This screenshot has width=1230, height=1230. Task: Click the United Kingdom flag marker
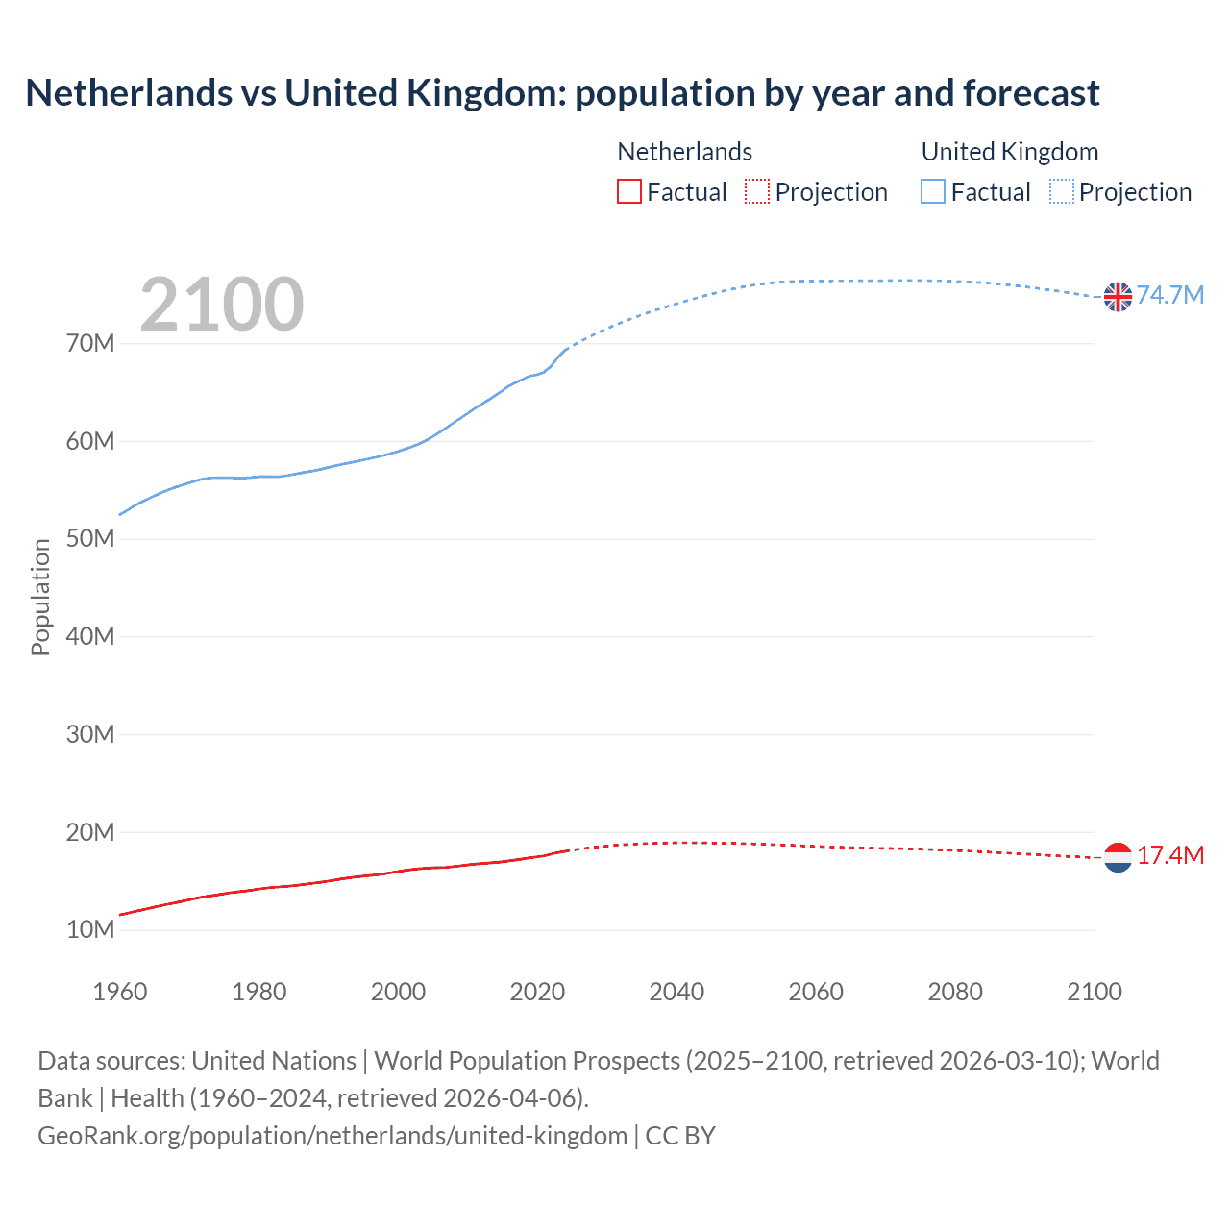(x=1118, y=297)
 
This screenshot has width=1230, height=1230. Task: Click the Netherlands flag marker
(x=1118, y=857)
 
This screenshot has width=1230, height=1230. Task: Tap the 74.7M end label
(x=1169, y=295)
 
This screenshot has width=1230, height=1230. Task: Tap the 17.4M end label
(x=1169, y=855)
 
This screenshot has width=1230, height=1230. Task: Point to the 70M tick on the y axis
(x=90, y=344)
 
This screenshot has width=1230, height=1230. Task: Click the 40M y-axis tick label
(x=90, y=637)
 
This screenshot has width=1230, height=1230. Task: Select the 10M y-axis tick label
(x=90, y=930)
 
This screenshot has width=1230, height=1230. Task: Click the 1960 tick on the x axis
(x=120, y=992)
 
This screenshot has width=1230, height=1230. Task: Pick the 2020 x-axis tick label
(x=537, y=992)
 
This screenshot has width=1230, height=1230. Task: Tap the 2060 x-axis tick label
(x=816, y=992)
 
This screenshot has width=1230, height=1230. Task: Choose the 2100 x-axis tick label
(x=1094, y=992)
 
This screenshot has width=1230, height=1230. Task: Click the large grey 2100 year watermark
(x=222, y=305)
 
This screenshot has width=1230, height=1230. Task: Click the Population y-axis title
(x=40, y=597)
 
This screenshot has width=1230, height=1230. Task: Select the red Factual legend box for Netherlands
(x=628, y=192)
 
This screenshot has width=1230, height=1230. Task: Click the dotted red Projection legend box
(x=757, y=192)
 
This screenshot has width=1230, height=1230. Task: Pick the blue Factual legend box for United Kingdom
(x=933, y=192)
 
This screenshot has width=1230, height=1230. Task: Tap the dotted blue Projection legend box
(x=1061, y=192)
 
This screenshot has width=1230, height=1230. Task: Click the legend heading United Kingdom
(x=1009, y=152)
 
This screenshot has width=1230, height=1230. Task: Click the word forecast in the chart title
(x=1031, y=93)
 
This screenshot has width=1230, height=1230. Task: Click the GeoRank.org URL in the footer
(x=332, y=1136)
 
